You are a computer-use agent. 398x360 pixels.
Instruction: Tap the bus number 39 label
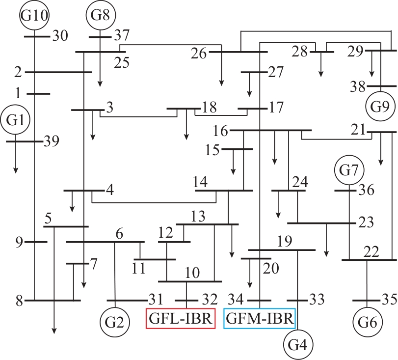(x=52, y=141)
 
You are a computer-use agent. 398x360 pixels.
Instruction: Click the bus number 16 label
(x=220, y=131)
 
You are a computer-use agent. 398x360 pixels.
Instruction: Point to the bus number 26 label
(x=199, y=54)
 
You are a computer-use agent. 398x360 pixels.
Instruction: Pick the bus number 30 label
(x=60, y=35)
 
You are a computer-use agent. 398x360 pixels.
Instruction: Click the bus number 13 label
(x=198, y=217)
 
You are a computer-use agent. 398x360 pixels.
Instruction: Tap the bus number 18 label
(x=210, y=108)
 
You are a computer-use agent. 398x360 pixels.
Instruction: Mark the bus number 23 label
(x=366, y=222)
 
